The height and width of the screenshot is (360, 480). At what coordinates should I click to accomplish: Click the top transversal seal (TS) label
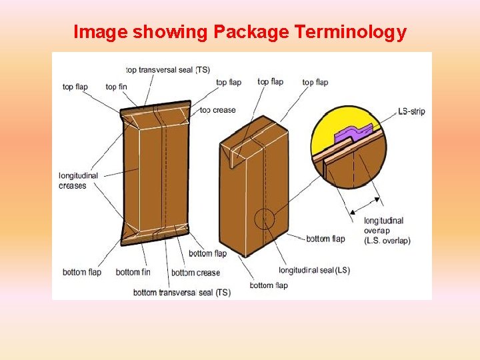[x=168, y=70]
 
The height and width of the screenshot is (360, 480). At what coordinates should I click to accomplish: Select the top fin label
[x=116, y=87]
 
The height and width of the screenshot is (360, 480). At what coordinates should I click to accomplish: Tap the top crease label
[x=218, y=110]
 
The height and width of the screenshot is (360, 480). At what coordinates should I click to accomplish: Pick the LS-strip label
[x=411, y=111]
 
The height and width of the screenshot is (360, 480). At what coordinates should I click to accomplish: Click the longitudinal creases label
[x=78, y=181]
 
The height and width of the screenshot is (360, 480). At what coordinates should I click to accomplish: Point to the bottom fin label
[x=133, y=272]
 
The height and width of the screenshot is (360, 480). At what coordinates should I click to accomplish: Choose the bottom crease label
[x=195, y=273]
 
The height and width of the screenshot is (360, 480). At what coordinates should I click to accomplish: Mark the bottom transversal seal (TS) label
[x=182, y=293]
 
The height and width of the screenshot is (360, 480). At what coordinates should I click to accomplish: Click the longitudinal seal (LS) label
[x=314, y=270]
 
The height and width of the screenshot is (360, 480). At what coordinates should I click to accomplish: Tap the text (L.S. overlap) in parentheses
[x=387, y=241]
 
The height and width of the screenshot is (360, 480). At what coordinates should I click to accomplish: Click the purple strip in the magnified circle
[x=352, y=135]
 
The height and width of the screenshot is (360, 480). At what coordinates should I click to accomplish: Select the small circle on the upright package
[x=265, y=219]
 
